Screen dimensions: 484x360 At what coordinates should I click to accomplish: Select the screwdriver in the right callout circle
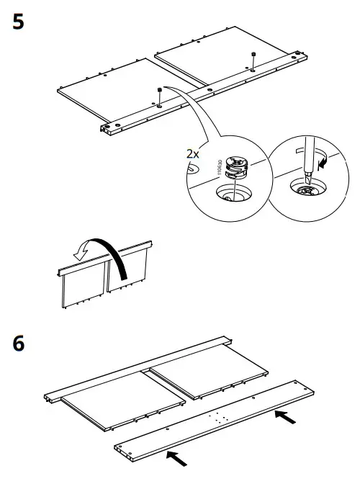pyautogui.click(x=303, y=159)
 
